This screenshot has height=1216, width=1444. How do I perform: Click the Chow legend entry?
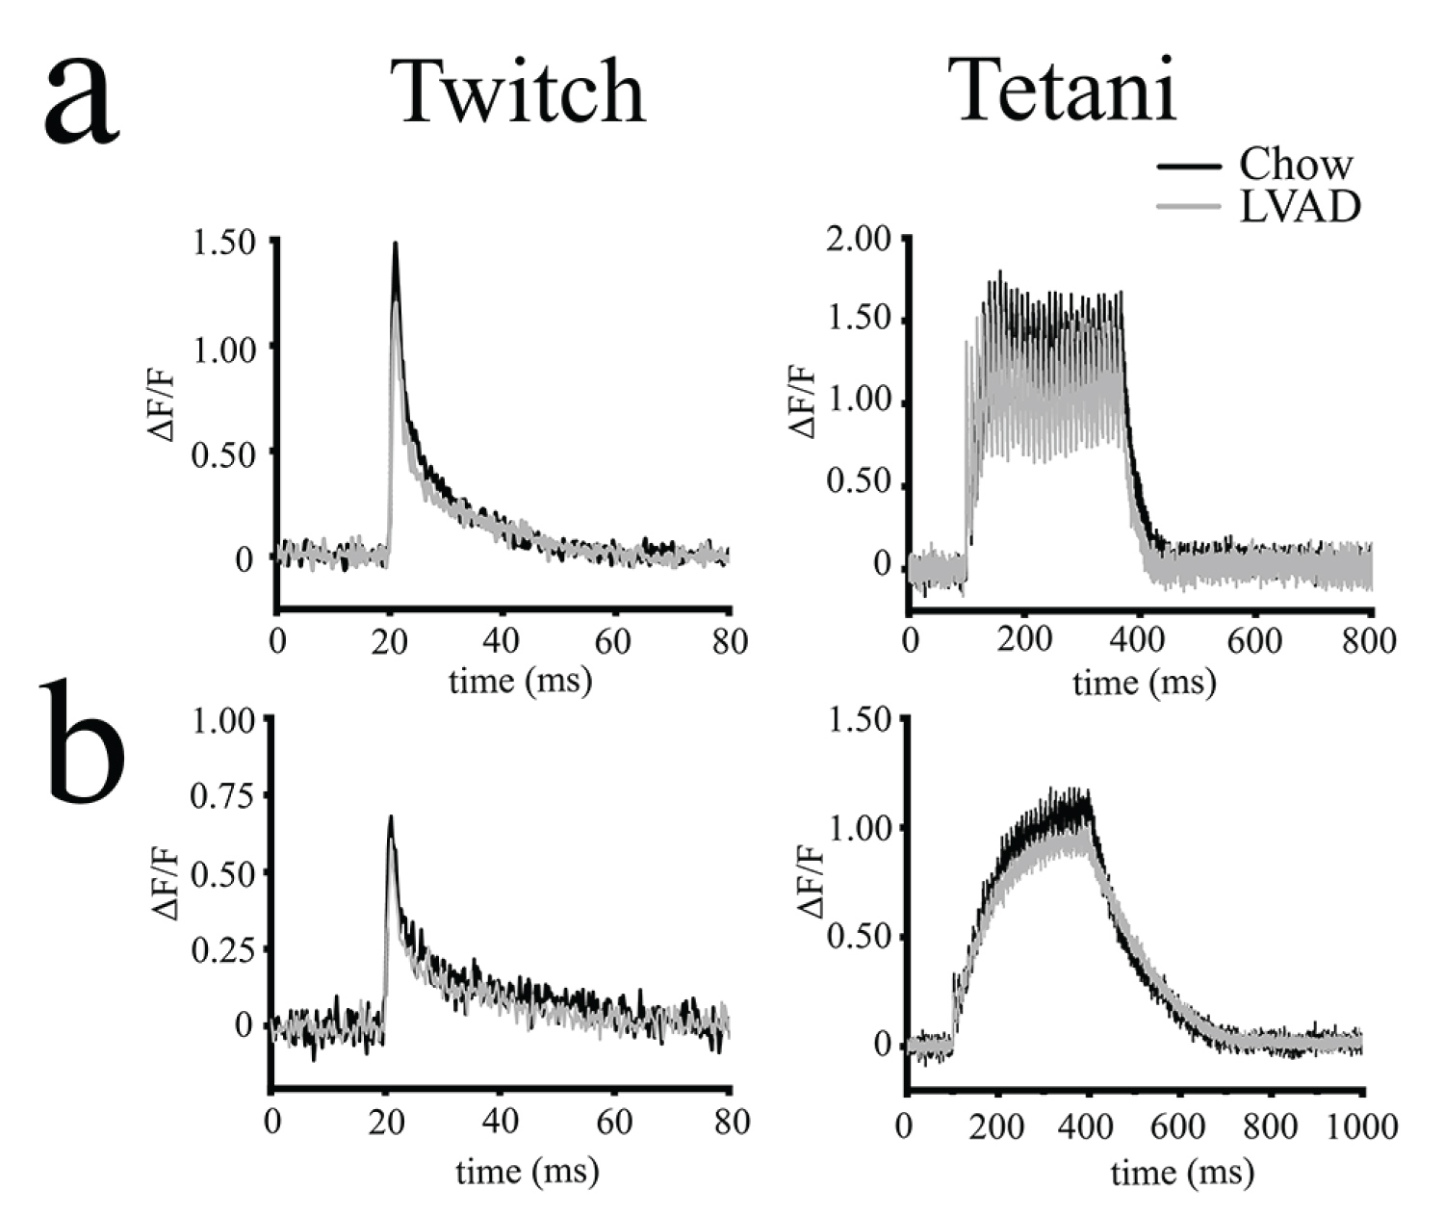[1295, 165]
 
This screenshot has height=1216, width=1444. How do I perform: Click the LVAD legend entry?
[1299, 206]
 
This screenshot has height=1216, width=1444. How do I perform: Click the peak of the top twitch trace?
[395, 245]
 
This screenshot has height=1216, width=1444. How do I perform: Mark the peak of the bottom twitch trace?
[391, 817]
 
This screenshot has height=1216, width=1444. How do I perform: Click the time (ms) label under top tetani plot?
[1144, 683]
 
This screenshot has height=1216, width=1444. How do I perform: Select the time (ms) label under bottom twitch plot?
[527, 1171]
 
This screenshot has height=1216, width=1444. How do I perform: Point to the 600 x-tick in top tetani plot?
[1255, 640]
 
